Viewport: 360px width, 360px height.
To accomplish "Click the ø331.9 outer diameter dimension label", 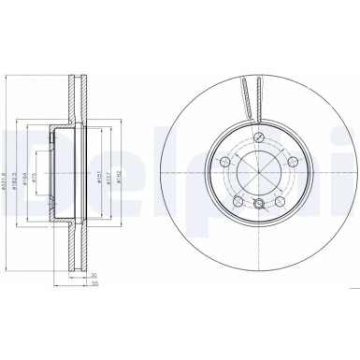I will [11, 170].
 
